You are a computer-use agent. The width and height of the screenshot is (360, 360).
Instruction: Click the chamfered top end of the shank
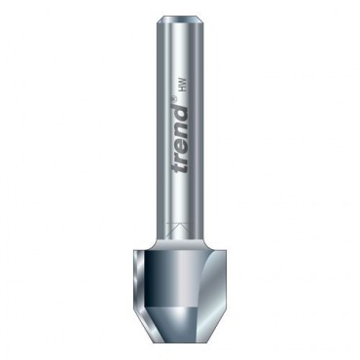(180, 20)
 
